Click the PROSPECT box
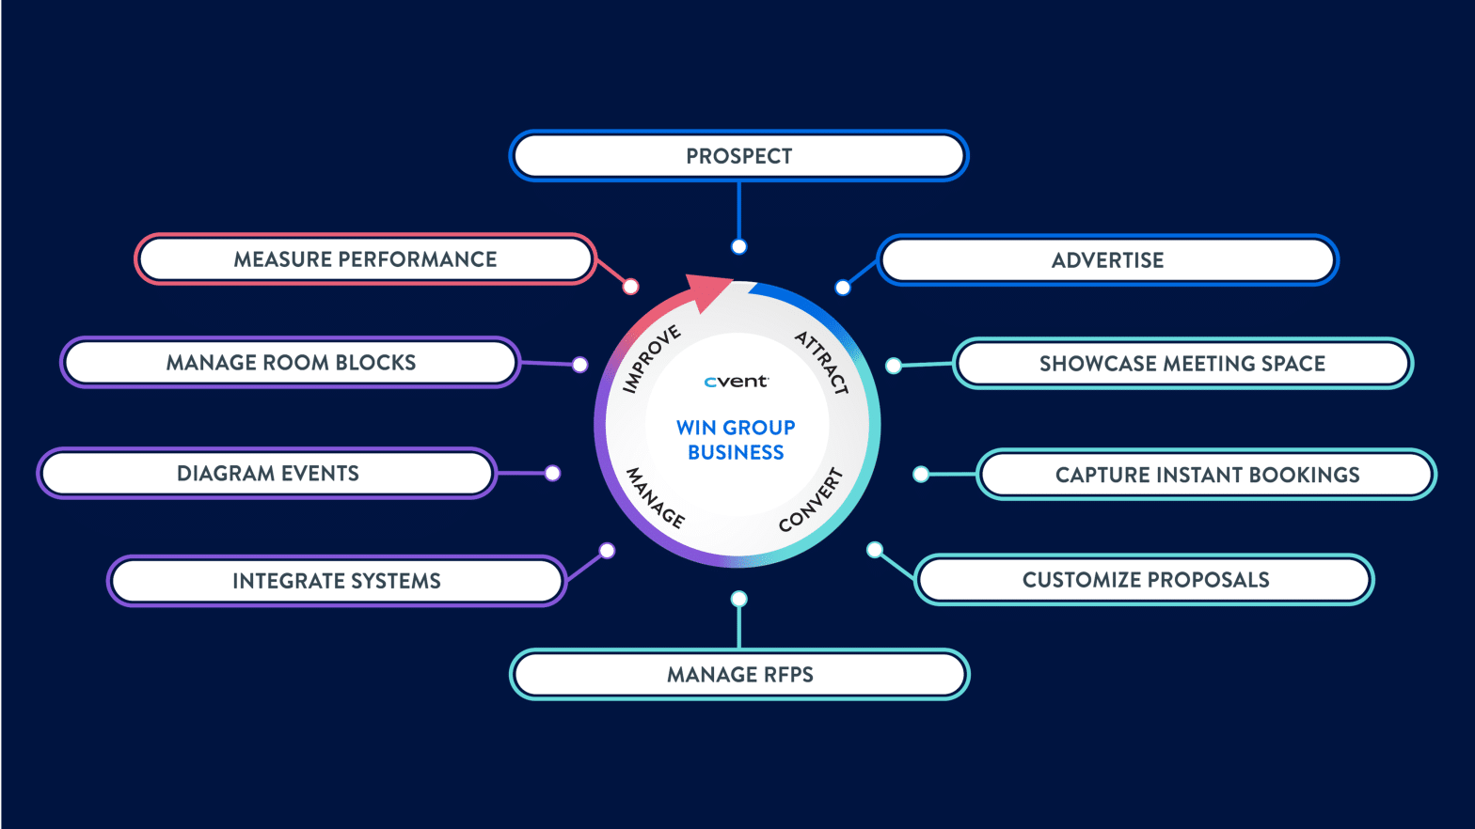[x=738, y=156]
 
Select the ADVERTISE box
[x=1107, y=260]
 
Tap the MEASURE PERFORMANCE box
[x=365, y=259]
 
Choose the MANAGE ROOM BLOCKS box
[x=291, y=363]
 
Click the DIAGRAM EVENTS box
[x=267, y=474]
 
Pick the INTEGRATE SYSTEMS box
[x=336, y=581]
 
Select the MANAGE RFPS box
[x=739, y=675]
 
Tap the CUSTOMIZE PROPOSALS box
[x=1145, y=580]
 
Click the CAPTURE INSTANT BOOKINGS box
[x=1207, y=475]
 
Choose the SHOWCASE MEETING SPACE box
[x=1182, y=364]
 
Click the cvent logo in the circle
[x=736, y=382]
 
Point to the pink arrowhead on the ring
[x=706, y=290]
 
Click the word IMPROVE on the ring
[x=651, y=359]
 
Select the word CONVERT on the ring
[x=811, y=500]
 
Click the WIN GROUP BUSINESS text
[x=736, y=440]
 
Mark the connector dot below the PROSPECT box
[x=739, y=246]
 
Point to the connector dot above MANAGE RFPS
[x=739, y=599]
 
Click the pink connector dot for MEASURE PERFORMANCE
[x=631, y=287]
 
